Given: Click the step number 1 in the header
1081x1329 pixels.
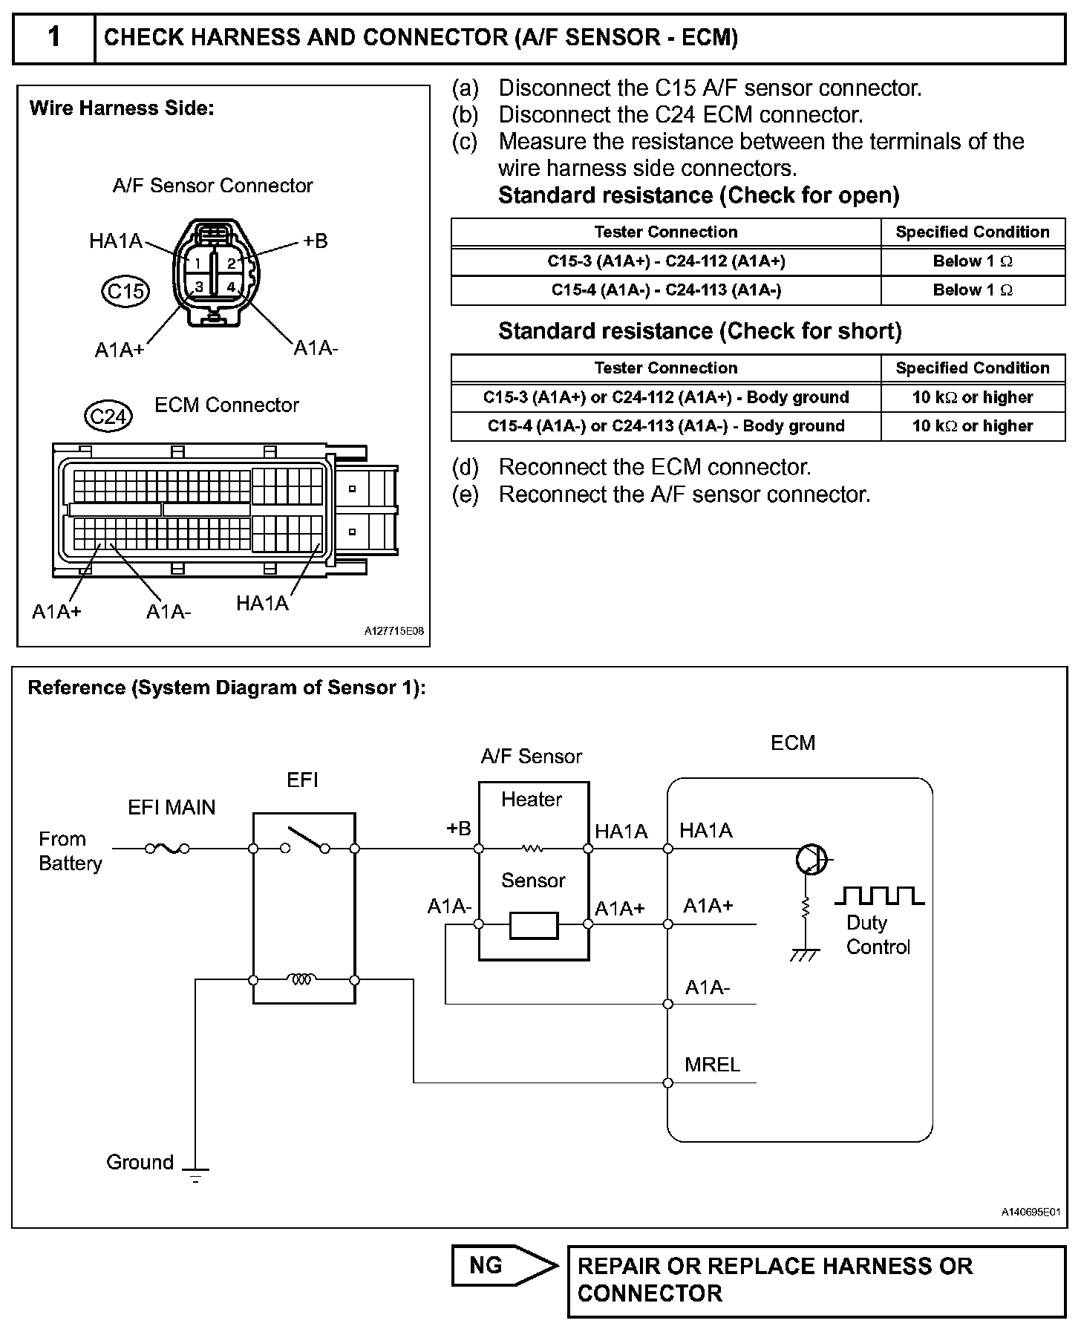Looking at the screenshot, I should (x=54, y=37).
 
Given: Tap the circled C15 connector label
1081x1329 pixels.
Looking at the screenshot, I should (x=125, y=291).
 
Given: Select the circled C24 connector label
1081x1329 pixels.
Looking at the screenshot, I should (x=108, y=416).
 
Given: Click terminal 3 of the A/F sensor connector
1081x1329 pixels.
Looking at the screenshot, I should (x=199, y=287).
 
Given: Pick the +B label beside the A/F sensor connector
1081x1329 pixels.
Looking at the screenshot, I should (x=315, y=241).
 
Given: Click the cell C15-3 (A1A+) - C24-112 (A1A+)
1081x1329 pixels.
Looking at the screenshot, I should (x=666, y=261).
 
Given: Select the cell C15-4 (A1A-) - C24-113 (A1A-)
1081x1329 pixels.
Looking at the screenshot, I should (x=666, y=290).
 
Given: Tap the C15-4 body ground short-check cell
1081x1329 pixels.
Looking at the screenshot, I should (x=666, y=426).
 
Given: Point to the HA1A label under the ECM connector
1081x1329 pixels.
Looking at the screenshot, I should (x=261, y=603).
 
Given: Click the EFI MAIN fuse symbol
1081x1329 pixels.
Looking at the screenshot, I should (x=167, y=848).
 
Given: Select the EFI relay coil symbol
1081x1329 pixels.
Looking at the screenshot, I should (x=301, y=980).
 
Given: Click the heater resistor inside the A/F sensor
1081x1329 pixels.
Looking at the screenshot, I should (x=533, y=848).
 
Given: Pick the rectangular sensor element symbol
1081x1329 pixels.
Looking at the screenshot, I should (x=534, y=925).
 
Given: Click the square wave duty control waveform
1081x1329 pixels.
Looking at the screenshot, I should (x=879, y=895).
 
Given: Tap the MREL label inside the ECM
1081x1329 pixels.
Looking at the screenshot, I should (x=712, y=1065).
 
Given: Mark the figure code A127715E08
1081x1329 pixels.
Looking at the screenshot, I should (x=393, y=631).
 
